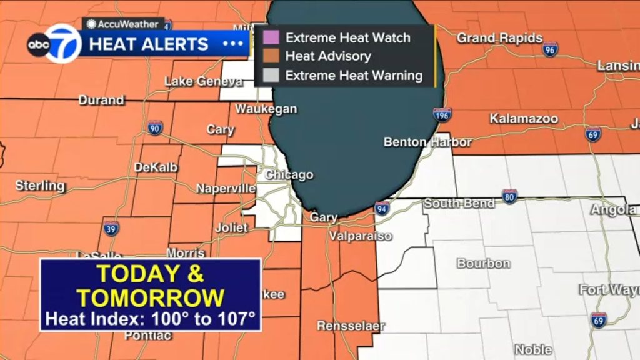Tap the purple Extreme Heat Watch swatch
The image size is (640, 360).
pyautogui.click(x=271, y=37)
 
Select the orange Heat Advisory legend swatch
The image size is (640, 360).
pyautogui.click(x=271, y=56)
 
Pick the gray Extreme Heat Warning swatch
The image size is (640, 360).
pyautogui.click(x=271, y=76)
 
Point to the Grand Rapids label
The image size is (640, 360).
pyautogui.click(x=499, y=38)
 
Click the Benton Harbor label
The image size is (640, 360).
pyautogui.click(x=427, y=142)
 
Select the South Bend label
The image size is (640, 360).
pyautogui.click(x=459, y=204)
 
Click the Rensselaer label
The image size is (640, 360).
pyautogui.click(x=351, y=326)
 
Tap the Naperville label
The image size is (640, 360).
pyautogui.click(x=226, y=188)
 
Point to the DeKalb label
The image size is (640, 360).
pyautogui.click(x=156, y=167)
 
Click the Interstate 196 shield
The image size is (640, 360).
pyautogui.click(x=442, y=114)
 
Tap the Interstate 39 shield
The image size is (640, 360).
pyautogui.click(x=111, y=228)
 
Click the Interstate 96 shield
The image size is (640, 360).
pyautogui.click(x=550, y=49)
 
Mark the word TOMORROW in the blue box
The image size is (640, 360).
pyautogui.click(x=151, y=297)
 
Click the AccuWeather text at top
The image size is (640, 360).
pyautogui.click(x=120, y=24)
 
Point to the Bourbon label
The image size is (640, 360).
pyautogui.click(x=483, y=263)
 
